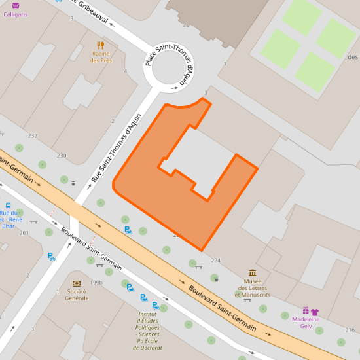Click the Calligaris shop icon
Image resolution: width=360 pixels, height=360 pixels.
point(16,5)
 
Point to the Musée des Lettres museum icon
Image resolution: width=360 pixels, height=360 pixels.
point(253,273)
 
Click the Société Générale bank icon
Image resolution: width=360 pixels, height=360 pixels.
point(77,283)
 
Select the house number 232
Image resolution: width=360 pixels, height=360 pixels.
point(33,135)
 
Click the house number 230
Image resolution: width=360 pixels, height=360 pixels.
point(62,155)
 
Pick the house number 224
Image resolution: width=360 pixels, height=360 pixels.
point(216,261)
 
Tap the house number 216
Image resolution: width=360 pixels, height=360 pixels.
point(350,329)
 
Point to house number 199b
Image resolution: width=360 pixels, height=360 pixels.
point(96,283)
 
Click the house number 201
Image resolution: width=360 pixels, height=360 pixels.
point(24,233)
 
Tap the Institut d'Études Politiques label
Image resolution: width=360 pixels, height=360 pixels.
point(151,330)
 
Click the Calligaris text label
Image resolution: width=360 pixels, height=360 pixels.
point(16,14)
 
